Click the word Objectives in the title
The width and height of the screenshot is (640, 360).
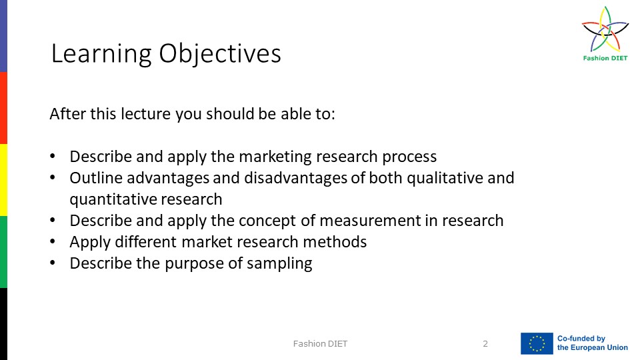[x=219, y=53]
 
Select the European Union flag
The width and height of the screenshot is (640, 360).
[x=537, y=343]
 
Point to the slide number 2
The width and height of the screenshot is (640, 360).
[x=485, y=344]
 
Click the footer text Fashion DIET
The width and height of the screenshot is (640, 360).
[x=320, y=344]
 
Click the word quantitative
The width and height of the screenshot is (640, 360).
[x=111, y=199]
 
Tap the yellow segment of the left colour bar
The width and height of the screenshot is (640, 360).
[x=3, y=179]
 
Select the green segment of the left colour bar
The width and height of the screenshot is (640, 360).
[x=3, y=251]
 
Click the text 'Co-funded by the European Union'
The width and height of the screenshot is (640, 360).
[x=592, y=343]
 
